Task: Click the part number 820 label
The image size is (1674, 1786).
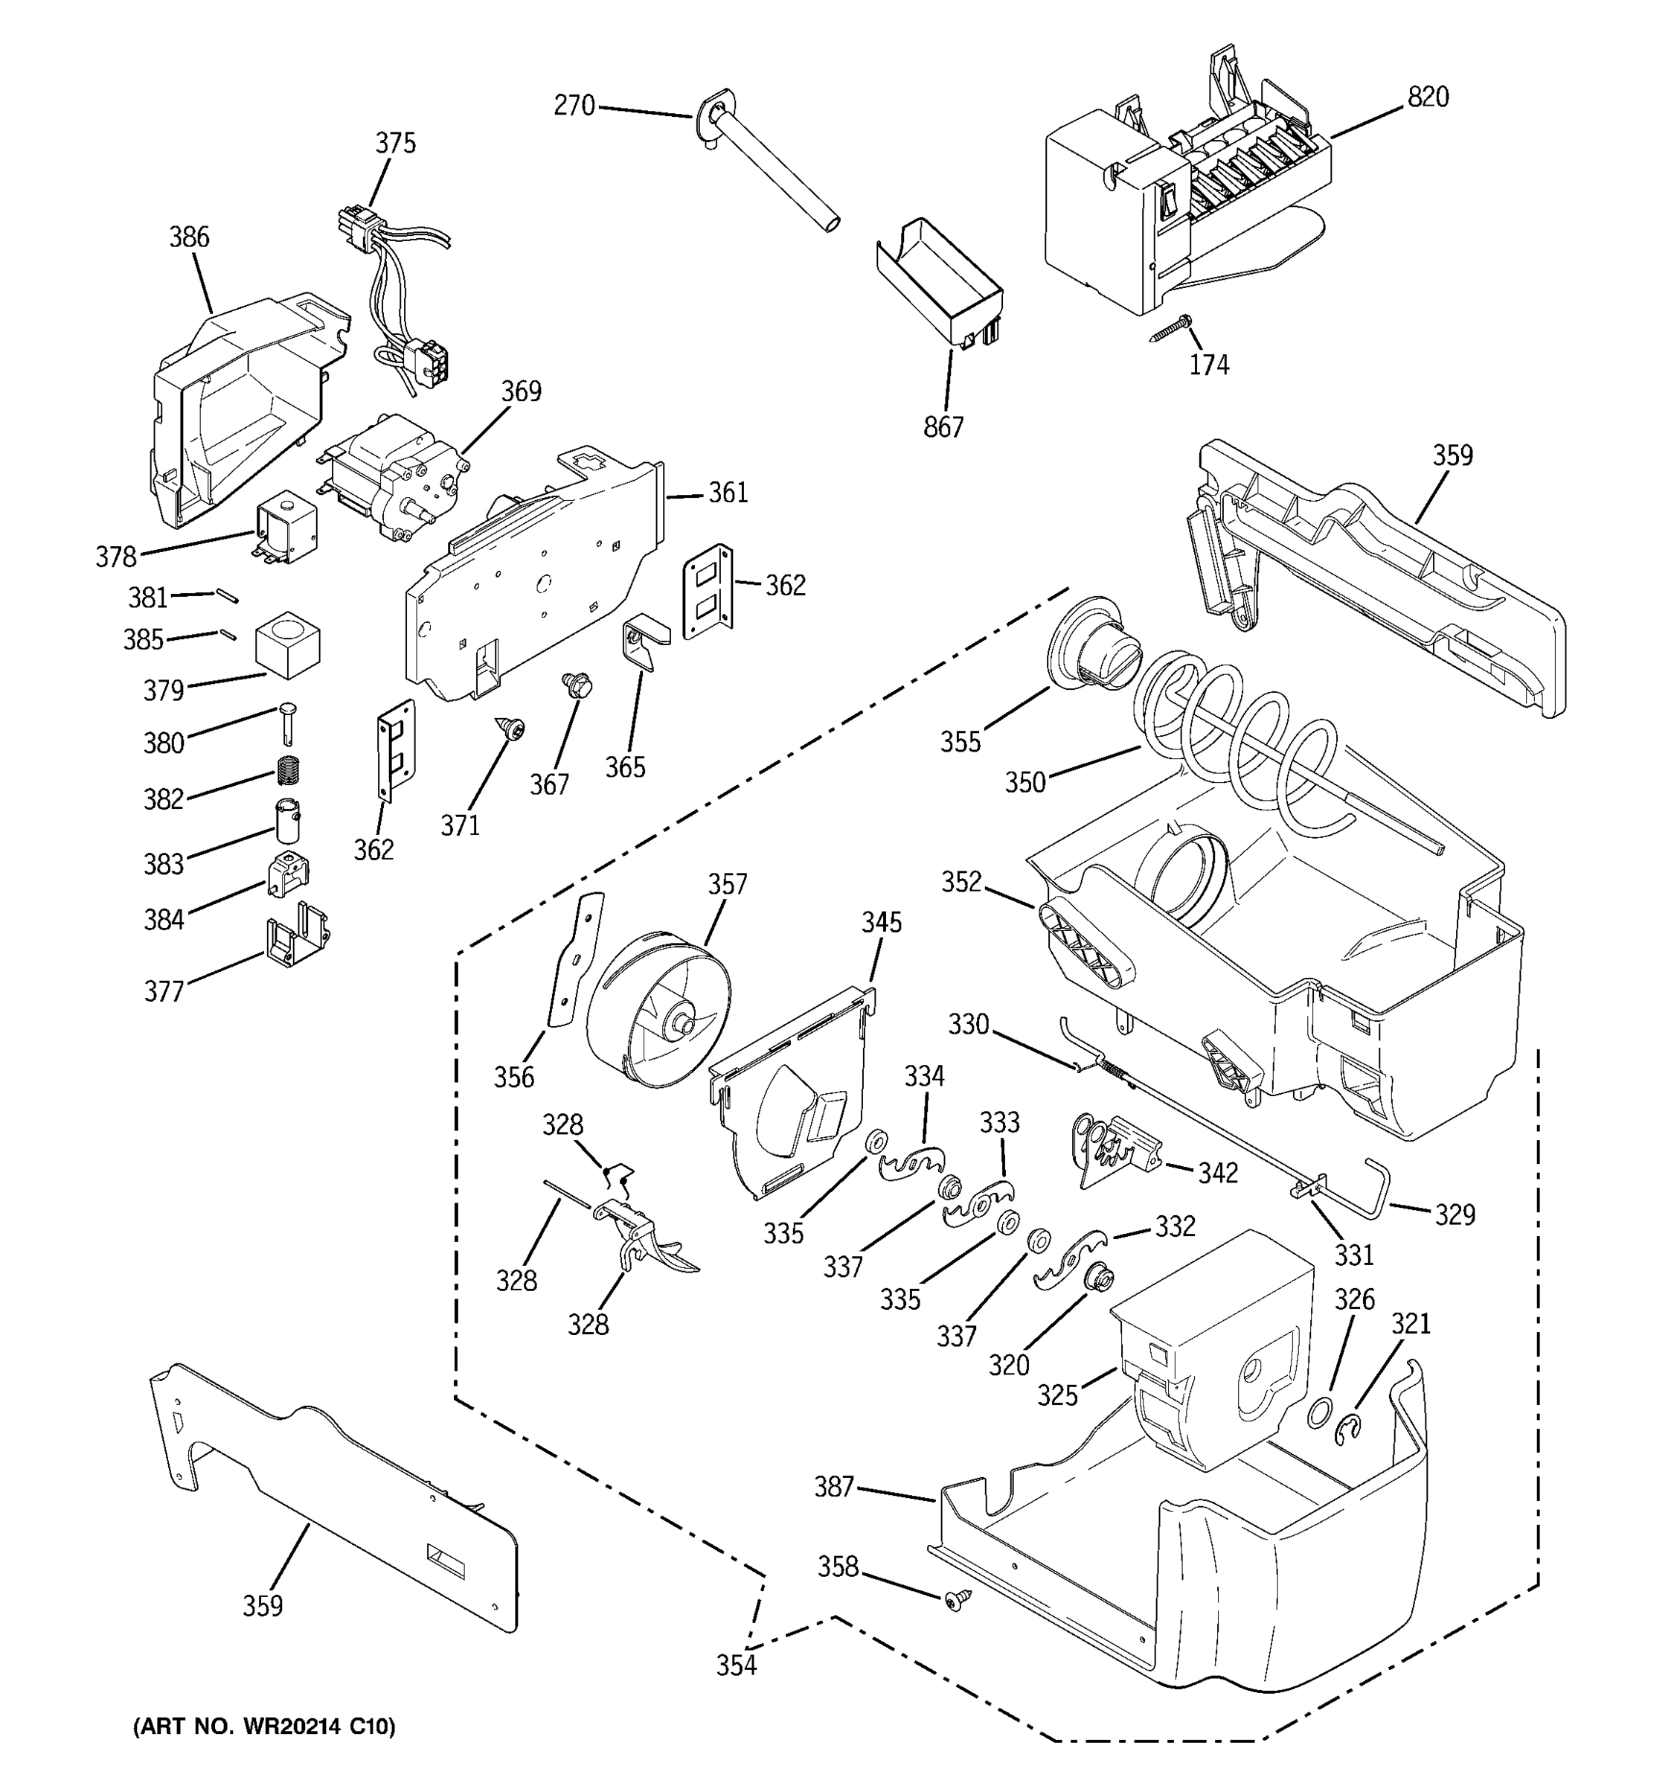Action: click(1427, 97)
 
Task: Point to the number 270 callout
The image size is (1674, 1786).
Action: click(574, 106)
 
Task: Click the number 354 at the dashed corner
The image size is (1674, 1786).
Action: click(736, 1665)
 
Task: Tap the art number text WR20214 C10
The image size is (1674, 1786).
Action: click(264, 1726)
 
